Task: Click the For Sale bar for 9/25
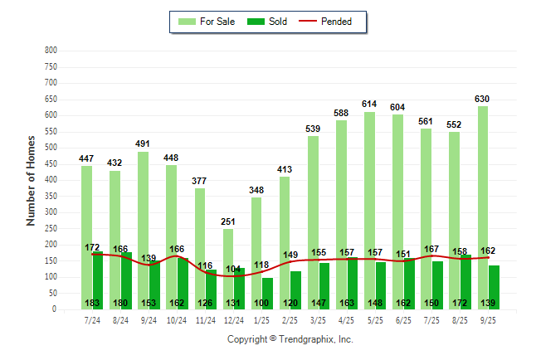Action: [482, 207]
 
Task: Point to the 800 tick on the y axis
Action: [51, 51]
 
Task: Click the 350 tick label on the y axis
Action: [51, 197]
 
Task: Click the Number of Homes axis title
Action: [31, 180]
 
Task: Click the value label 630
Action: [482, 99]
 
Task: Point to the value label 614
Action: [369, 104]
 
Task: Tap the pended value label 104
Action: [234, 270]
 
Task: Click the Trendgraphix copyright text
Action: [290, 339]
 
